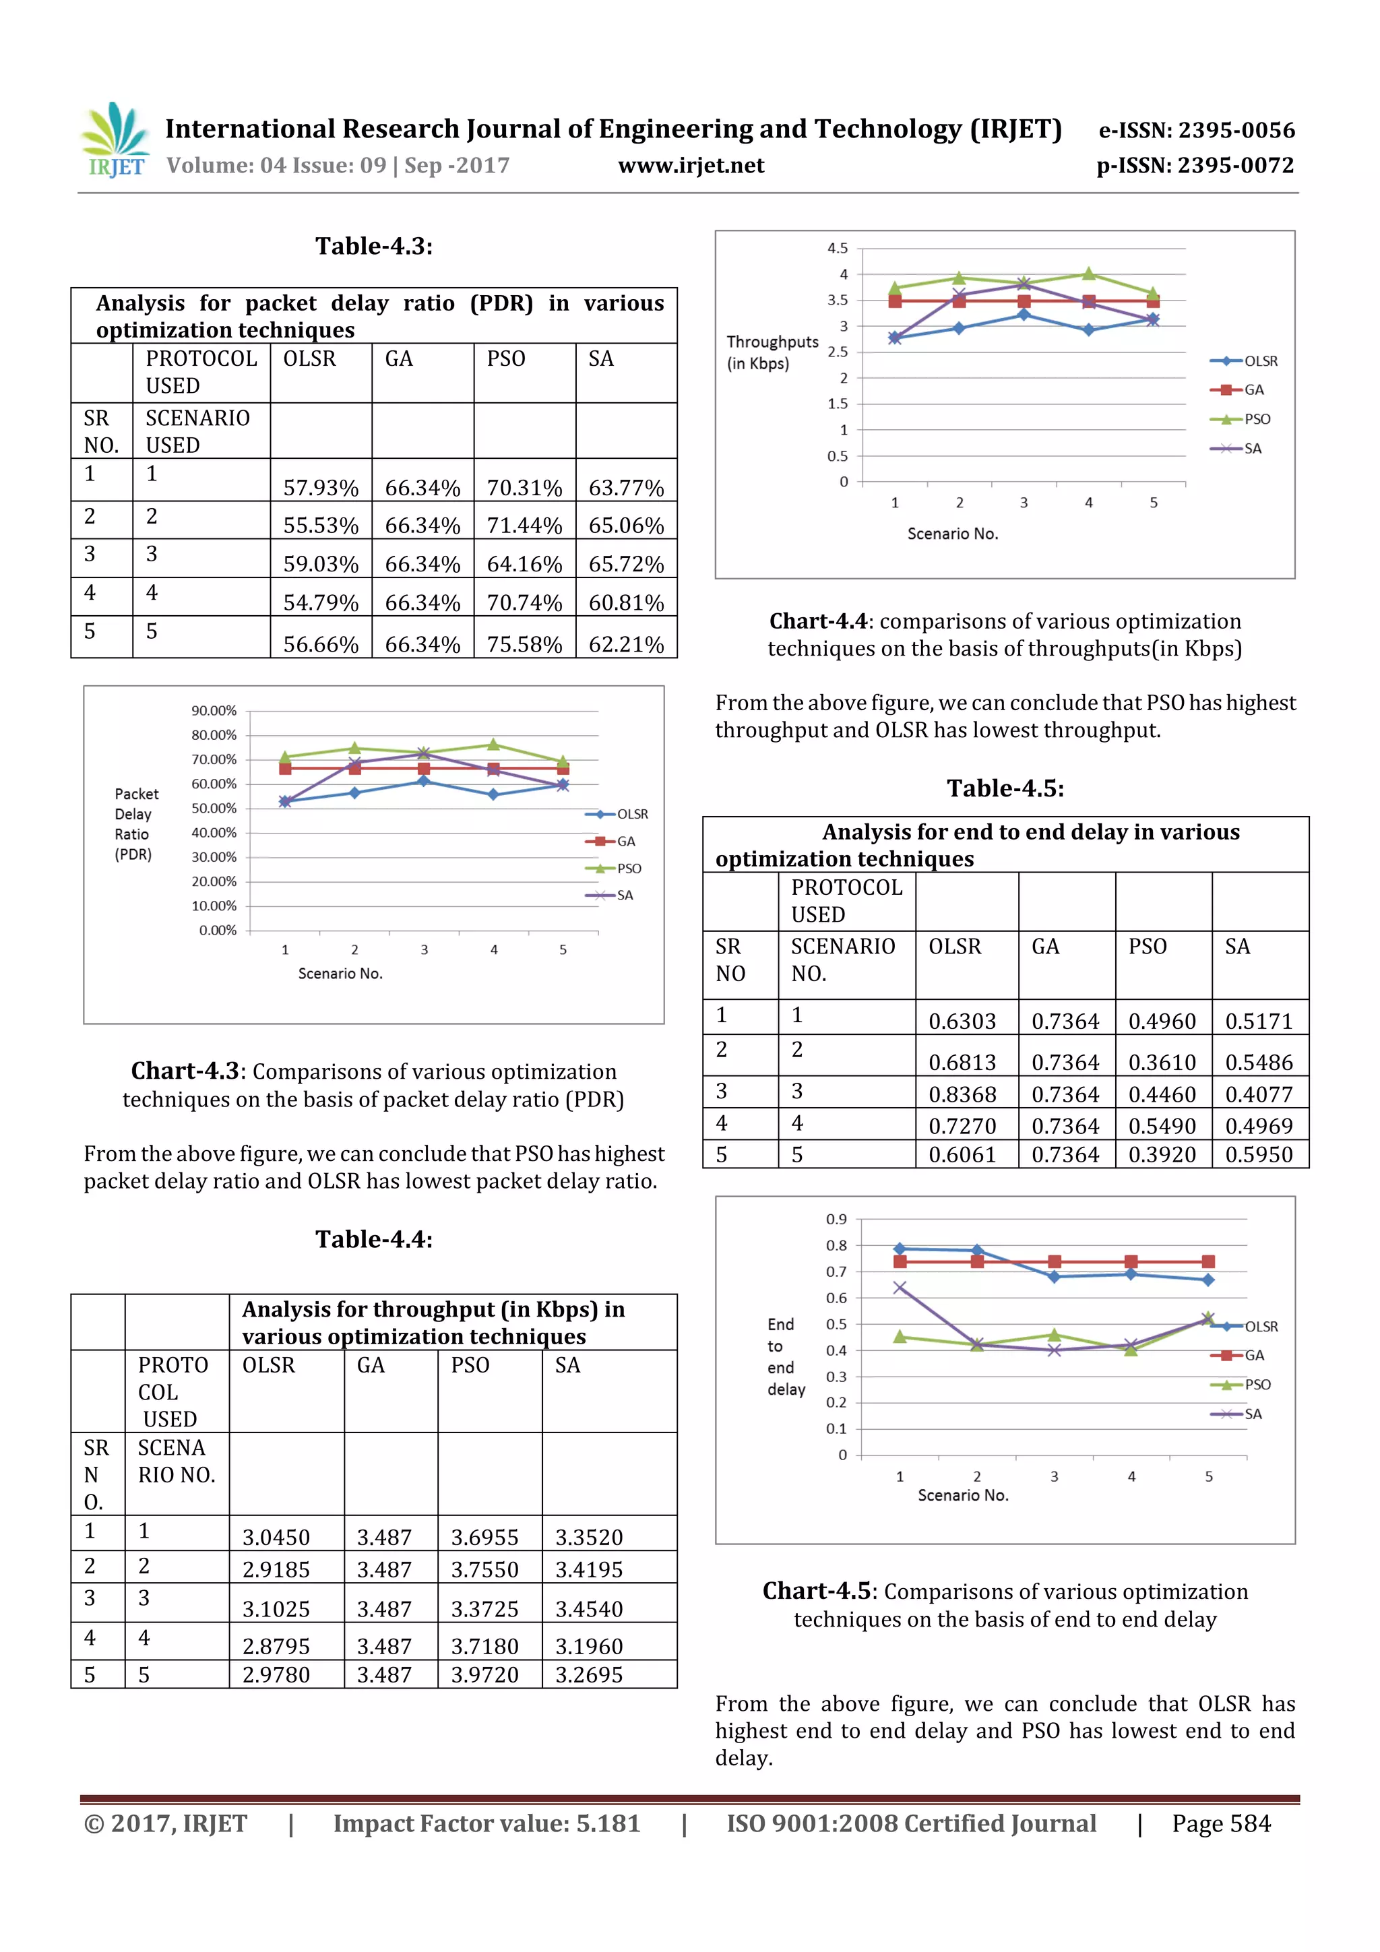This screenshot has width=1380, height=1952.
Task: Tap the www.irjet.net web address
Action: coord(691,165)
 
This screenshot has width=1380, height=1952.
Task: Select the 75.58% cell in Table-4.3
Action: coord(524,643)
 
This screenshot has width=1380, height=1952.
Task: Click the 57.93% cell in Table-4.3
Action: coord(321,487)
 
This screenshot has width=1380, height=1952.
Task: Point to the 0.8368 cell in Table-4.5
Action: coord(962,1094)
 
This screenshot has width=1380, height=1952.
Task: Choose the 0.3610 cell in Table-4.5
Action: coord(1162,1062)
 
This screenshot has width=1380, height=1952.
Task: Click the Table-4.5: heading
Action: coord(1005,788)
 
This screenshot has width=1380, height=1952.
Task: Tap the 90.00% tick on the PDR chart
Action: coord(214,711)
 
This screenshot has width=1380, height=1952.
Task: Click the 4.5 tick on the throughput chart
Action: coord(837,248)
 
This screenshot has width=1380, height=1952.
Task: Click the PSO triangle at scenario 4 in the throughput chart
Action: coord(1088,274)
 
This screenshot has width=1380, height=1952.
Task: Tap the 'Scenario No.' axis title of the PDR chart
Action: coord(340,974)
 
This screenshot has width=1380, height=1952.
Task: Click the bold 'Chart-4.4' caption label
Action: coord(818,621)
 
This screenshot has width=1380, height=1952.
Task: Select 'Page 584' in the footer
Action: coord(1221,1823)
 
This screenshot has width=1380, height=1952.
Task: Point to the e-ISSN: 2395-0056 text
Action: coord(1196,130)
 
